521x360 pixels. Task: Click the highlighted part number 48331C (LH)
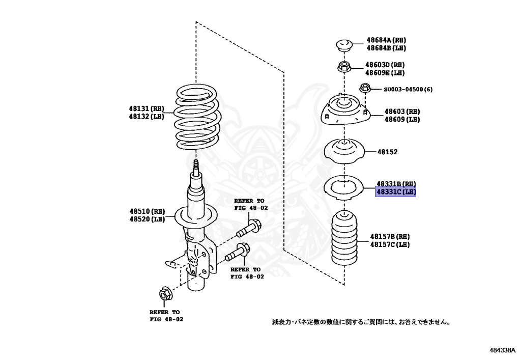click(396, 192)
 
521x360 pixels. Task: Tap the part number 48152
click(387, 152)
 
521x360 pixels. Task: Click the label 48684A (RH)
click(387, 40)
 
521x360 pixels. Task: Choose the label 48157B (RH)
click(390, 237)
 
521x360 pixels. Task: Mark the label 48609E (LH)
click(385, 73)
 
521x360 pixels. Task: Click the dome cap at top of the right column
click(344, 45)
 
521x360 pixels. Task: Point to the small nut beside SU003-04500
click(364, 88)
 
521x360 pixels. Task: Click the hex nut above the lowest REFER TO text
click(164, 294)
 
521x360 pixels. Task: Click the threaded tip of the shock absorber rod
click(196, 167)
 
